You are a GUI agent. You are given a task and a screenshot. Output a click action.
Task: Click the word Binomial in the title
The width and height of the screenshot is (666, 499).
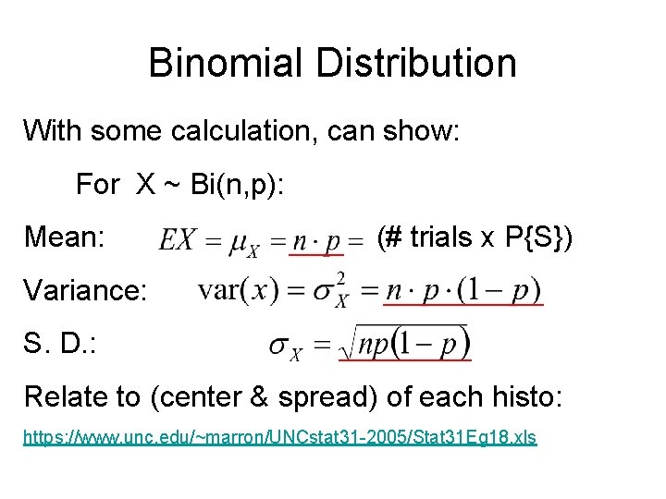(x=225, y=63)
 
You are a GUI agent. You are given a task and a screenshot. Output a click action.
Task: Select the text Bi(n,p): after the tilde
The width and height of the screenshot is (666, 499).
(x=238, y=185)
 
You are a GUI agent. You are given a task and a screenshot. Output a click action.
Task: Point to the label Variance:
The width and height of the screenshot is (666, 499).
(x=85, y=291)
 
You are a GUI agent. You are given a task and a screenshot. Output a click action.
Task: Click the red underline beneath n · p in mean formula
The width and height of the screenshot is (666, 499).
(x=317, y=253)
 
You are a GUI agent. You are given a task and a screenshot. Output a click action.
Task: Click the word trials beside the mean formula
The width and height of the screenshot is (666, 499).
(x=441, y=237)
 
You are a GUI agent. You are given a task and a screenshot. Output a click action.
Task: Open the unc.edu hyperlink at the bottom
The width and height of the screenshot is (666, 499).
(x=279, y=437)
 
